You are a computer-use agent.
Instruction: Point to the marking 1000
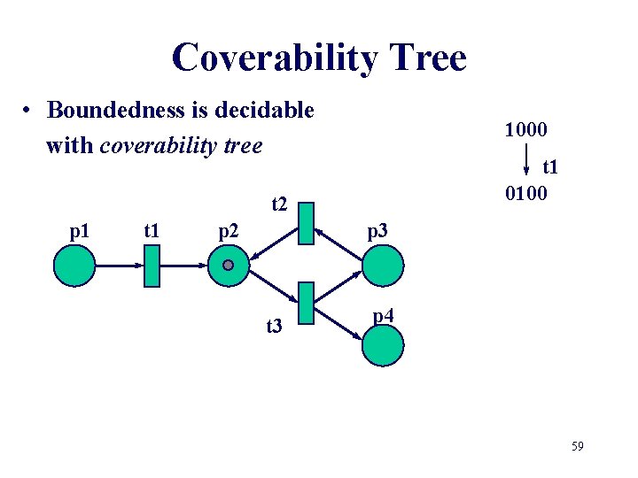[x=526, y=129]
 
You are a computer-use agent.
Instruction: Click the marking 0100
[x=526, y=193]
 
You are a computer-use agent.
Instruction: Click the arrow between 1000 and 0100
[x=526, y=161]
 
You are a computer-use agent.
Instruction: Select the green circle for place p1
[x=74, y=265]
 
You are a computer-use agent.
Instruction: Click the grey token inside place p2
[x=228, y=265]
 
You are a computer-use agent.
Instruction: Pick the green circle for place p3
[x=383, y=265]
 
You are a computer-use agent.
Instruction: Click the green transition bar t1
[x=151, y=266]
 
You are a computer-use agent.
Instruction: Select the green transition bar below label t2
[x=307, y=223]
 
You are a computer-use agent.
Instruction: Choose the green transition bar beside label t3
[x=307, y=304]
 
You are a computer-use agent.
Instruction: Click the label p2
[x=230, y=233]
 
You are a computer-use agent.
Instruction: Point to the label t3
[x=276, y=328]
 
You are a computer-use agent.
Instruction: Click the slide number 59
[x=577, y=446]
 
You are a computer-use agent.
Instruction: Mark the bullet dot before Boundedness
[x=29, y=112]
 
